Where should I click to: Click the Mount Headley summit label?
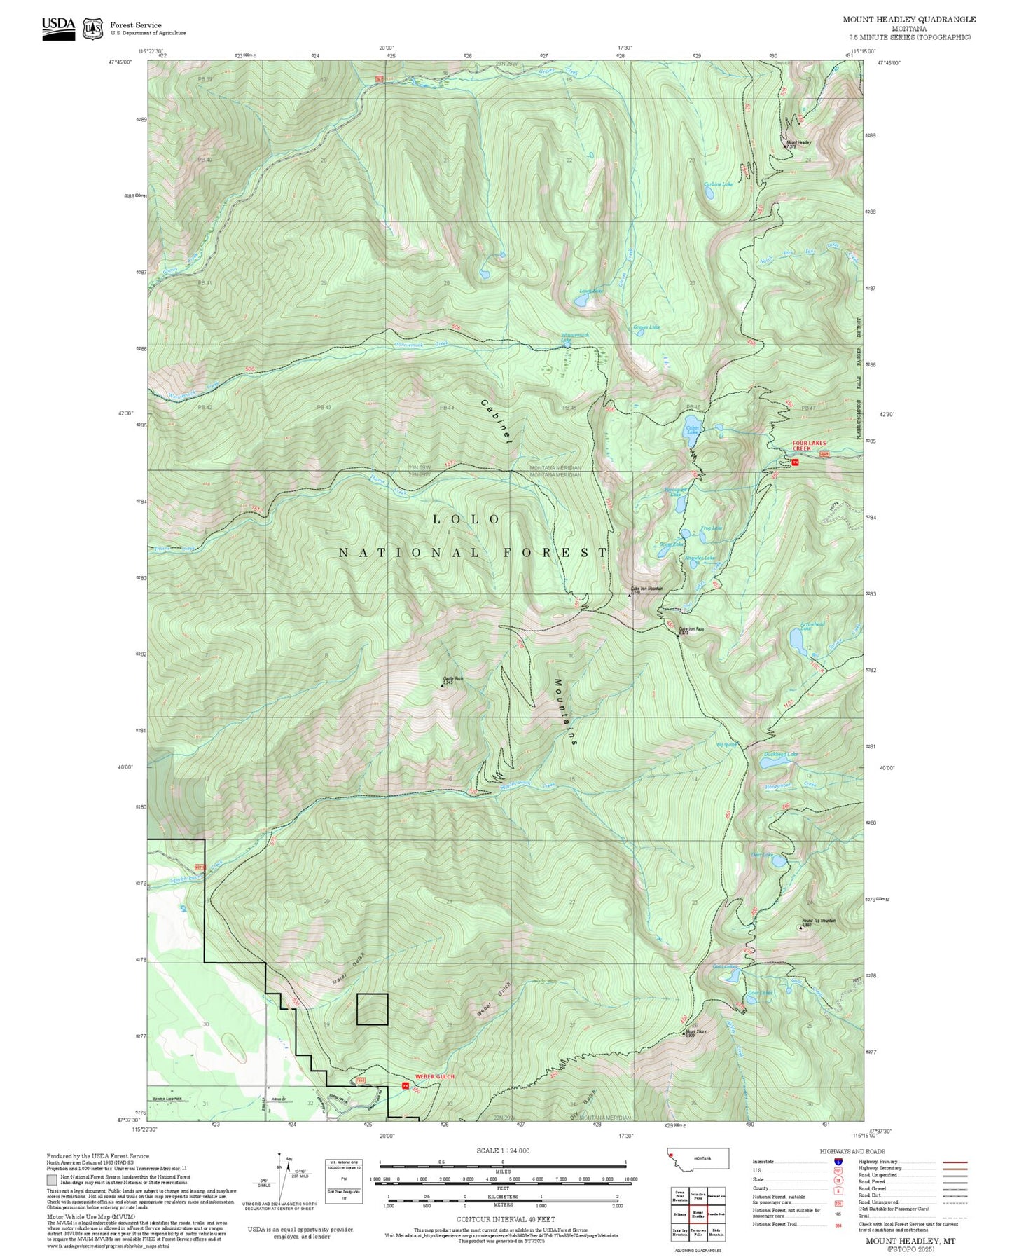(798, 142)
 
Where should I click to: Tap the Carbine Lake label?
(718, 184)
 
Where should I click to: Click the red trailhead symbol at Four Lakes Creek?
(795, 462)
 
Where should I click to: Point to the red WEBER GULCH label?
(435, 1076)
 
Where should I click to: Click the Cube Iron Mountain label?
(646, 589)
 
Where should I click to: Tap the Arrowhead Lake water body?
(798, 640)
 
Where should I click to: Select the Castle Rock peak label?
(453, 678)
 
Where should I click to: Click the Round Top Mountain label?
(818, 921)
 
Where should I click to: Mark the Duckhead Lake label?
(780, 754)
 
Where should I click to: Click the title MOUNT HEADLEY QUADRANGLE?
(908, 19)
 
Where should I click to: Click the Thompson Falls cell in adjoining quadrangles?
(698, 1232)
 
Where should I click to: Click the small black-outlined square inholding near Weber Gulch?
(372, 1009)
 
